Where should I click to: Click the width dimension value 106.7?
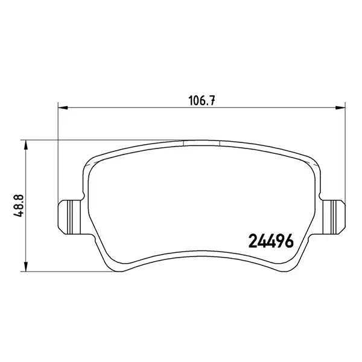point(202,101)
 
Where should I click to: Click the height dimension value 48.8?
point(19,206)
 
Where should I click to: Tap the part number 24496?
point(271,241)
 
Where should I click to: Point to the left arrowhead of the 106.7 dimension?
point(63,107)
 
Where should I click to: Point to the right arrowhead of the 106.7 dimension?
point(340,107)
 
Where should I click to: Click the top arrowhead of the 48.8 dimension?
point(26,145)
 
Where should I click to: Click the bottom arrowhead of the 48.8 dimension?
point(26,267)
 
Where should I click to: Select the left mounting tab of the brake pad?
point(70,217)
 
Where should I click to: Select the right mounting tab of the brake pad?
point(334,217)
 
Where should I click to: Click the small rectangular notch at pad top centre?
point(201,143)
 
